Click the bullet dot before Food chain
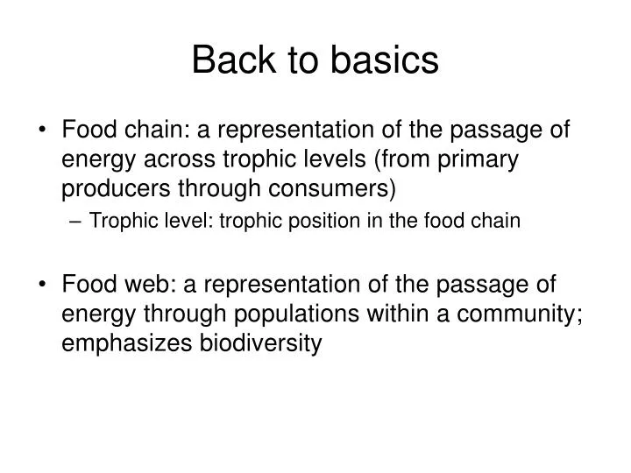[x=46, y=131]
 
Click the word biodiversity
[x=260, y=342]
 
